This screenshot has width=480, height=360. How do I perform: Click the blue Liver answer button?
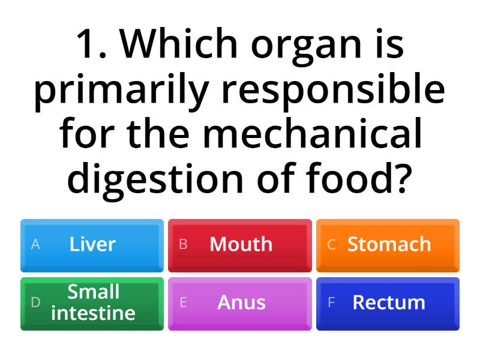point(92,245)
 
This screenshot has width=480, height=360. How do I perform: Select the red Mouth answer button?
point(240,245)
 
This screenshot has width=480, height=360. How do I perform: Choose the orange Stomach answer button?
point(388,245)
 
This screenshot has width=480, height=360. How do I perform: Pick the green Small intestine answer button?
point(92,303)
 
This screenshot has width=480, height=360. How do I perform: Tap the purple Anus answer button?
point(240,303)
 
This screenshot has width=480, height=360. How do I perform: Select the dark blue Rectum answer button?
point(388,303)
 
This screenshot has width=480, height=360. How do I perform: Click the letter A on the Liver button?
point(35,245)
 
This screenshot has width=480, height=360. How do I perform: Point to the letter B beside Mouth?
point(184,245)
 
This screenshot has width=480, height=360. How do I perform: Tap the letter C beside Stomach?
point(331,245)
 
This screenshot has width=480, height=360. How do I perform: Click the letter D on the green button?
point(35,303)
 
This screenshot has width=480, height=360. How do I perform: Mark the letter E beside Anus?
point(184,303)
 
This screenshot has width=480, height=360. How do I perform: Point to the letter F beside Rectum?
point(331,303)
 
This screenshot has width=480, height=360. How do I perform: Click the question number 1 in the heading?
point(90,45)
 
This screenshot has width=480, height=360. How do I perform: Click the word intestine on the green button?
point(93,313)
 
